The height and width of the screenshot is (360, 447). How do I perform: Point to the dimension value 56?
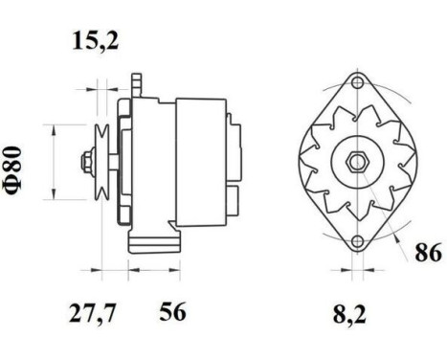pos(172,311)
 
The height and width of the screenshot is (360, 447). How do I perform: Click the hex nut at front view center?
pos(356,162)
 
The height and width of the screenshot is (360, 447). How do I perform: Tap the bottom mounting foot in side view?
pos(153,239)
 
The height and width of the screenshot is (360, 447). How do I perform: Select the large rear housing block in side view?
pos(200,161)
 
